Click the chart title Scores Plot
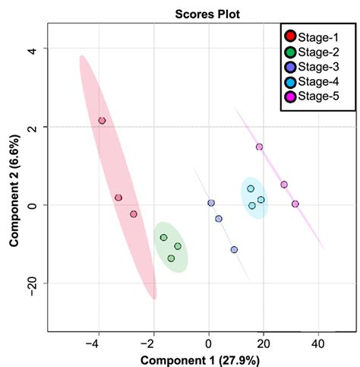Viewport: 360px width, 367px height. pos(200,13)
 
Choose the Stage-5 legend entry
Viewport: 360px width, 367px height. pos(314,96)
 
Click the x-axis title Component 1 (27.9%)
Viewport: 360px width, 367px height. pos(199,358)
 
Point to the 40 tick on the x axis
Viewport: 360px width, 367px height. pos(318,343)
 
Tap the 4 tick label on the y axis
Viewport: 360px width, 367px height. pos(30,49)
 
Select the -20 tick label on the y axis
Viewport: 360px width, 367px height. pos(30,283)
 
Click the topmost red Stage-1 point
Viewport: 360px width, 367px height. pos(102,121)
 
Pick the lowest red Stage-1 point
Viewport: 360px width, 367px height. pos(134,214)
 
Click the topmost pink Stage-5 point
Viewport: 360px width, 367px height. pos(259,147)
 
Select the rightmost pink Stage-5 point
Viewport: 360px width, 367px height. pos(295,204)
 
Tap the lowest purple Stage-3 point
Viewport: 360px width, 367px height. pos(234,249)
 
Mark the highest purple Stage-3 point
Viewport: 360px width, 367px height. pos(211,203)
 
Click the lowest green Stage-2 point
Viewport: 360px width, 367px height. pos(171,258)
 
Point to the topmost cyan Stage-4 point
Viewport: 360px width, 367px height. pos(251,188)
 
